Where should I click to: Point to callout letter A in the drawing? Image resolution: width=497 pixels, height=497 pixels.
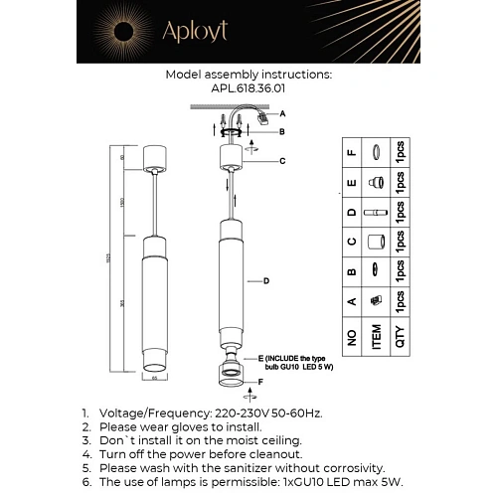[282, 113]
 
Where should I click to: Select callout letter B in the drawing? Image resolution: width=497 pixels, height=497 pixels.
[282, 132]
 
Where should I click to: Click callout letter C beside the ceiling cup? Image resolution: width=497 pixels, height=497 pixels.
[282, 160]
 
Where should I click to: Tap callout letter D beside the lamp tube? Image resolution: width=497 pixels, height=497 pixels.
[266, 281]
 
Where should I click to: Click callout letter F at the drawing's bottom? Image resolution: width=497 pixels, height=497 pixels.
[261, 381]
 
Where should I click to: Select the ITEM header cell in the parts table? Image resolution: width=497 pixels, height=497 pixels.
[375, 336]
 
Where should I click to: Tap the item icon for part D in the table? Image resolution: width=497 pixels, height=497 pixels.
[375, 214]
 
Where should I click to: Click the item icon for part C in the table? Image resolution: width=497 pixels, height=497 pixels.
[375, 242]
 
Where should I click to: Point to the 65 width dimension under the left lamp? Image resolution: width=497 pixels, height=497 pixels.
[154, 378]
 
